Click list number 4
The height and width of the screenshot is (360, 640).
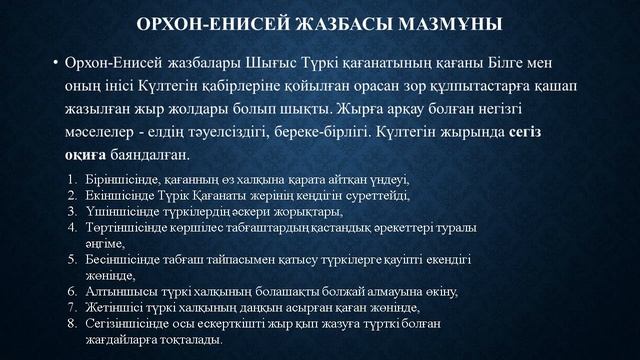click(72, 228)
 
